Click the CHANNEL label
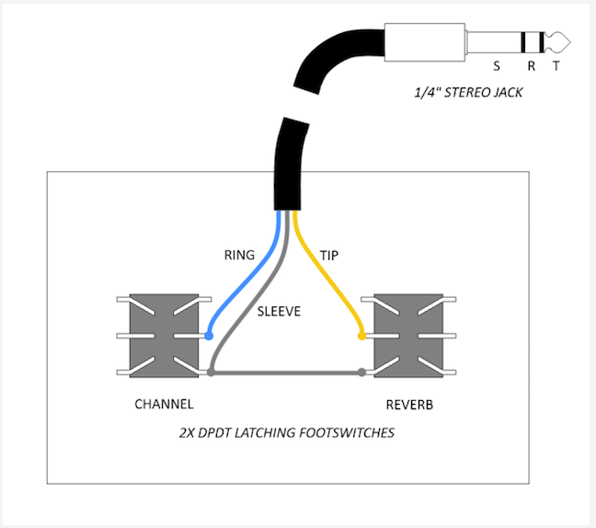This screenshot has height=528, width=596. [x=164, y=404]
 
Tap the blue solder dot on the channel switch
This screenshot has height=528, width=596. [x=209, y=337]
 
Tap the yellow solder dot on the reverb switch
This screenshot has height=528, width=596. [x=361, y=337]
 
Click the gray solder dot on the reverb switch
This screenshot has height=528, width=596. [x=361, y=373]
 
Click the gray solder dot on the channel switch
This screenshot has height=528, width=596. [x=212, y=373]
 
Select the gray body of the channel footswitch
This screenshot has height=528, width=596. [x=164, y=336]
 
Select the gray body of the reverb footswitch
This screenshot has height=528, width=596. [x=407, y=336]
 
